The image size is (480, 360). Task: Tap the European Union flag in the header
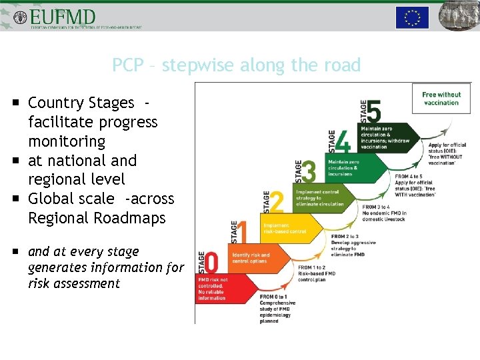coord(412,17)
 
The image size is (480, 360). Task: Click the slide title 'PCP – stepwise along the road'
coord(236,65)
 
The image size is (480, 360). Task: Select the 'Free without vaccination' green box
coord(441,99)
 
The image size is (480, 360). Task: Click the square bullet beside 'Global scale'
coord(15,199)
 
